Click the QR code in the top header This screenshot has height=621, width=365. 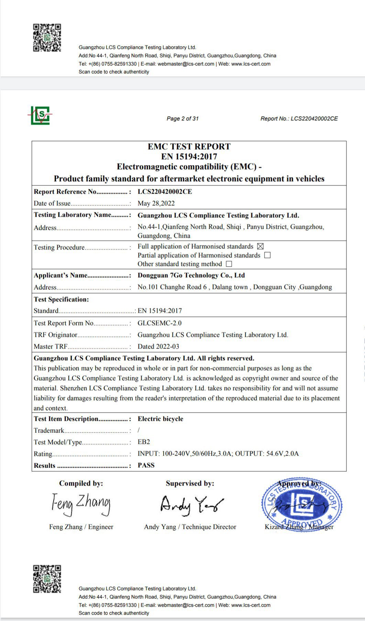[x=47, y=38]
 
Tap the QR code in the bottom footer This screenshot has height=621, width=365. [x=47, y=579]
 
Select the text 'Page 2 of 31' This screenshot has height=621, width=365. [x=182, y=119]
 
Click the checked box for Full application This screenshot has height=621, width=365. [x=260, y=246]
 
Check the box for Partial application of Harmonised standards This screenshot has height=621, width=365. [x=267, y=255]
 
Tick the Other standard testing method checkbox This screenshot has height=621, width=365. [x=229, y=264]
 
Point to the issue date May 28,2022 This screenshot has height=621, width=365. [x=156, y=203]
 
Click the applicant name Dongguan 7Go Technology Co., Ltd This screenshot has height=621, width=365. [x=191, y=275]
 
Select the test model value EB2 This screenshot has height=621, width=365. [x=144, y=442]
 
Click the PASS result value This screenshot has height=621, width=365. [x=146, y=465]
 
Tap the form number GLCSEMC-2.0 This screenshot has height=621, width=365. [x=159, y=323]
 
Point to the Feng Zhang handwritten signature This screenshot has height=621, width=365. [x=81, y=504]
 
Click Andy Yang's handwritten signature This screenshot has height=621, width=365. [x=191, y=505]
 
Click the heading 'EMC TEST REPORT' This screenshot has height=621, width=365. [x=189, y=147]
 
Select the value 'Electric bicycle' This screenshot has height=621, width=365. [x=161, y=419]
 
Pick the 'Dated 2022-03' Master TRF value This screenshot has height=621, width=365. [x=158, y=346]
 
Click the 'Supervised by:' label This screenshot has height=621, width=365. [x=190, y=483]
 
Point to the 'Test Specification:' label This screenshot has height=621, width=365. [x=61, y=299]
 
